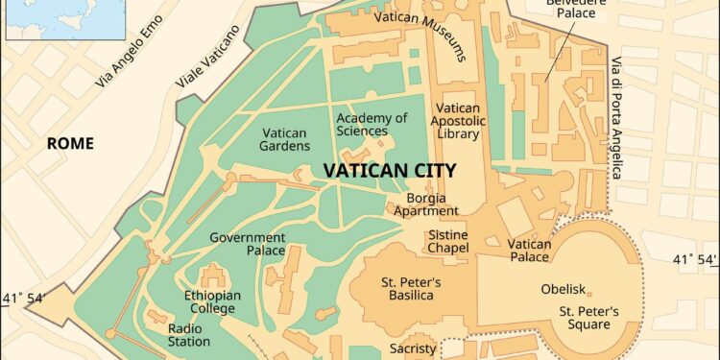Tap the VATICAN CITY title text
pyautogui.click(x=389, y=170)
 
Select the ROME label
pyautogui.click(x=72, y=144)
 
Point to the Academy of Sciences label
pyautogui.click(x=372, y=125)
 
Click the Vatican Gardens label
pyautogui.click(x=285, y=139)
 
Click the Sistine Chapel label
pyautogui.click(x=448, y=241)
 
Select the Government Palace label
pyautogui.click(x=248, y=244)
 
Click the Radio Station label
pyautogui.click(x=189, y=334)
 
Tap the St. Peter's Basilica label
pyautogui.click(x=411, y=289)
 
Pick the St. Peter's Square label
pyautogui.click(x=589, y=318)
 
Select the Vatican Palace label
pyautogui.click(x=530, y=251)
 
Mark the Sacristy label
pyautogui.click(x=413, y=349)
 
